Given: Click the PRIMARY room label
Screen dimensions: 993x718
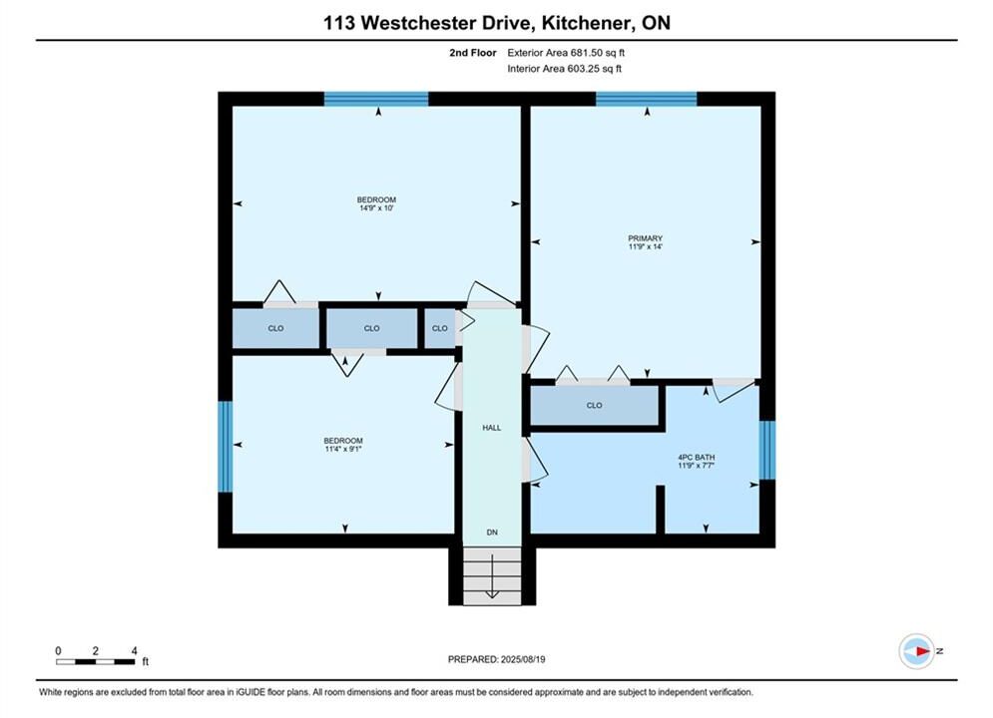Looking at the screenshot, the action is pos(645,238).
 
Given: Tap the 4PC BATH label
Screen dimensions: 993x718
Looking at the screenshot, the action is pos(696,458).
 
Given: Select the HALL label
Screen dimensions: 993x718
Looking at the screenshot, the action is pos(491,428).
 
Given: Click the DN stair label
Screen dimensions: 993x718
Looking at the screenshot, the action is pos(492,533).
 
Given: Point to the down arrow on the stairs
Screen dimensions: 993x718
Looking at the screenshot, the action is pos(492,577).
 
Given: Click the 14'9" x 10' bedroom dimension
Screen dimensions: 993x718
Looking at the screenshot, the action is pos(376,208).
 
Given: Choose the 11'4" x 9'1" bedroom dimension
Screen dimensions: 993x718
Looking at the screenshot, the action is pos(343,449).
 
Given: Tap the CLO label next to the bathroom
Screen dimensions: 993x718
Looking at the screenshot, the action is pos(594,406).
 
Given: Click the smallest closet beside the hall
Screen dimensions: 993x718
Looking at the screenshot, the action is pos(439,328).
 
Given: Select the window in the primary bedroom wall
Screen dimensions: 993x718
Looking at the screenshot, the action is pos(646,99).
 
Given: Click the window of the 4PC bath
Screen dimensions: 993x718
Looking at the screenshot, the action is pos(766,450).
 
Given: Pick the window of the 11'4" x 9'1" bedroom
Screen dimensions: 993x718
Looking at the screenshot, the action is pos(226,446).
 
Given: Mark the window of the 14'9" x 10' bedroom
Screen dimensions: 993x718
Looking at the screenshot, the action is pos(376,99).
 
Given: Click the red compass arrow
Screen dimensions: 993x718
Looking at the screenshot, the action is pos(923,651).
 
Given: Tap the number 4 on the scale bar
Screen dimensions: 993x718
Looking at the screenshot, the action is pos(135,651).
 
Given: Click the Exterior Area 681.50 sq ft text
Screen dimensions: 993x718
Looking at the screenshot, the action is pos(566,53).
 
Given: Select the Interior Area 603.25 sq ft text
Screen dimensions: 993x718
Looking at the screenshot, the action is pos(564,69).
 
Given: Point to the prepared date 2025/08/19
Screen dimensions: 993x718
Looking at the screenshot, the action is pos(523,659).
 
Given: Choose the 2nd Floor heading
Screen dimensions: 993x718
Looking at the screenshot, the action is pos(473,53).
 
